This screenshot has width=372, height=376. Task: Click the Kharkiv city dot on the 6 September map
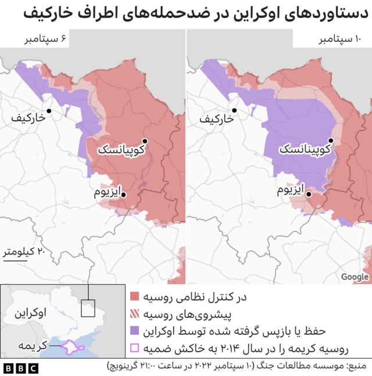[50, 110]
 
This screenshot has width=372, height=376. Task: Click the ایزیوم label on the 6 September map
[108, 191]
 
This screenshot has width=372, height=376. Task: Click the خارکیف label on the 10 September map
[216, 119]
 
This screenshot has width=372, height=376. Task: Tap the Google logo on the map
[354, 277]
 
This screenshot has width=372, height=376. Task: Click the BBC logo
[20, 367]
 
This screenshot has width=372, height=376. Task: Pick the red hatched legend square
[135, 314]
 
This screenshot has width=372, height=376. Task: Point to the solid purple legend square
[135, 331]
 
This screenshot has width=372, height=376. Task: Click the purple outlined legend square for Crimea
[135, 349]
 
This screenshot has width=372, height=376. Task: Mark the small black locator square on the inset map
[88, 308]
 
